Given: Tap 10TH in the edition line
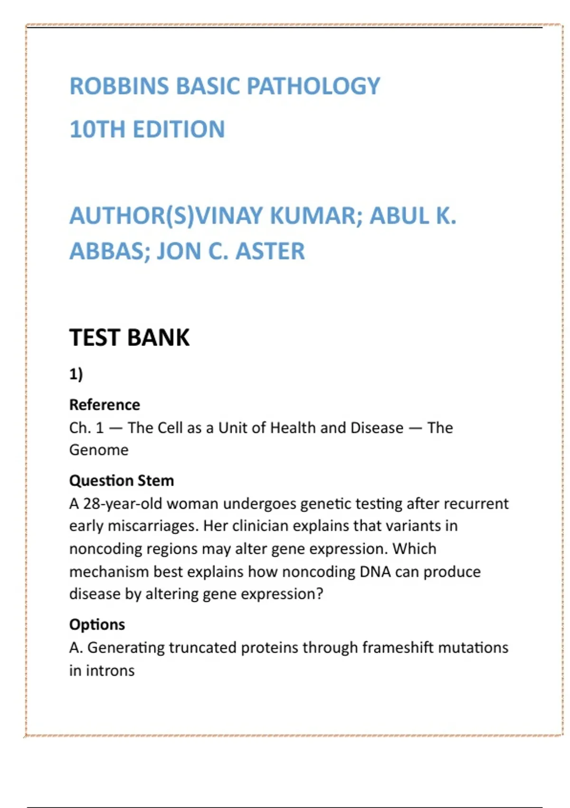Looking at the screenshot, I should click(x=97, y=129).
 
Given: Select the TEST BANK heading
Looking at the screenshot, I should click(x=129, y=337).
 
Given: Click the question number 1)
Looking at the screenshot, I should click(x=76, y=374).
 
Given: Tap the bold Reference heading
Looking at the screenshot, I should click(x=104, y=404).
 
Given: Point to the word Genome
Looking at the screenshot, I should click(x=99, y=450).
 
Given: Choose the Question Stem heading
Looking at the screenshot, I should click(x=122, y=481).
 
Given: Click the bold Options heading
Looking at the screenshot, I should click(x=97, y=624).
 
